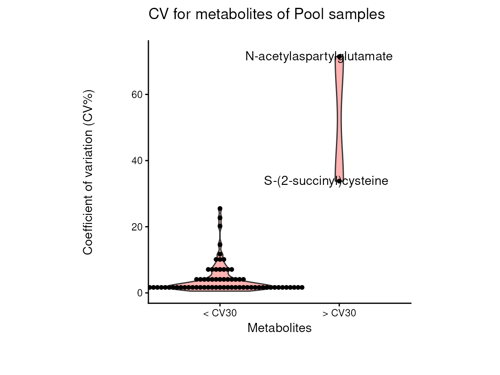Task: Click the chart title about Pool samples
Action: [x=266, y=14]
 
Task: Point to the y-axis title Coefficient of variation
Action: [x=88, y=172]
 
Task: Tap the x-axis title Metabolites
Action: [x=279, y=328]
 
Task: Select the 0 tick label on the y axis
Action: [x=140, y=293]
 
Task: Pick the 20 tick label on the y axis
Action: [x=138, y=227]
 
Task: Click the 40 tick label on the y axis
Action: [x=138, y=161]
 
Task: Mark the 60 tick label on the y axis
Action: [x=138, y=95]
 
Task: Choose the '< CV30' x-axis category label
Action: [x=220, y=313]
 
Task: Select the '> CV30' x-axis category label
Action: [x=339, y=313]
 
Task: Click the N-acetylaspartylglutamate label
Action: [x=319, y=56]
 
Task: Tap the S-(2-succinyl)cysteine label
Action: [x=326, y=181]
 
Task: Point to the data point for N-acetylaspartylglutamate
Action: [x=339, y=56]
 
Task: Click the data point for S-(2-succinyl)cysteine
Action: [x=339, y=181]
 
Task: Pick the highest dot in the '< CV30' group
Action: [x=220, y=209]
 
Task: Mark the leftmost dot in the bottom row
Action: [x=150, y=287]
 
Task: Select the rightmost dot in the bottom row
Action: [x=302, y=287]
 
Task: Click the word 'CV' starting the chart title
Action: [x=156, y=14]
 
